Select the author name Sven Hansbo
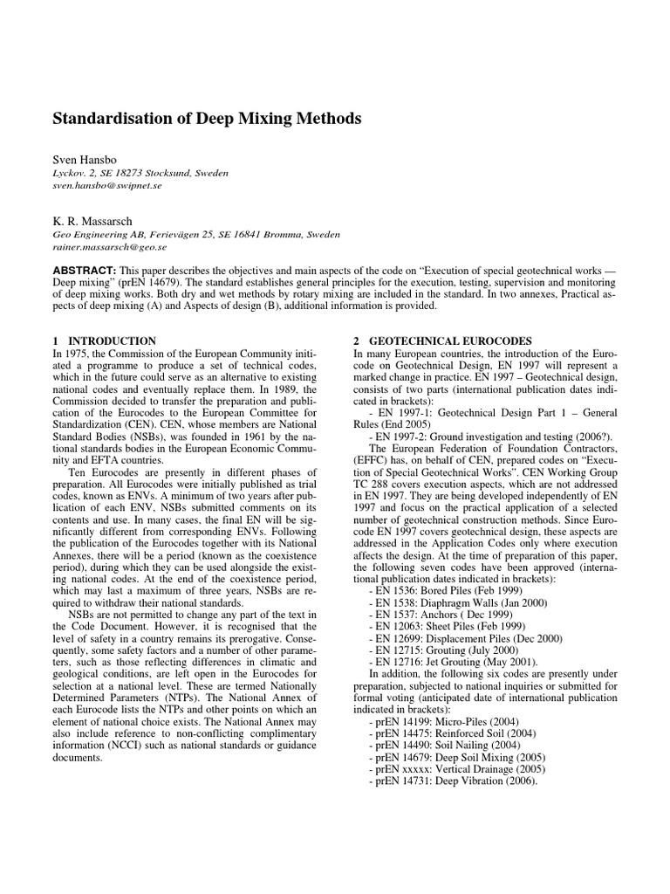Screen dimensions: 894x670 (x=84, y=161)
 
